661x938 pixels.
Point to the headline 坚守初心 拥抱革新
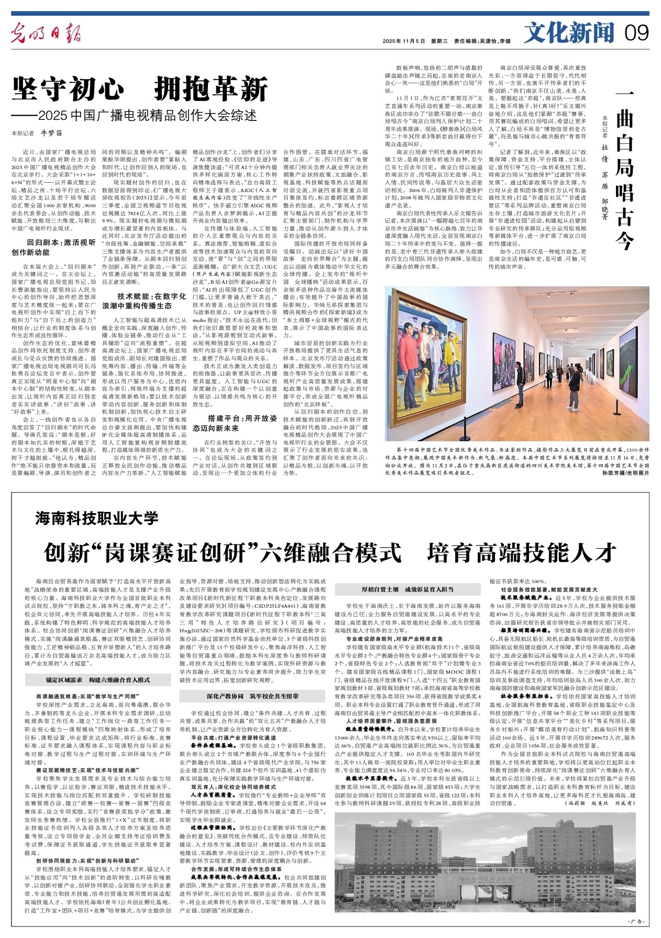[140, 89]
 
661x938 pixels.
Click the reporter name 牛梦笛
[51, 133]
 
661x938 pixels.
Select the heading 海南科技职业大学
[97, 518]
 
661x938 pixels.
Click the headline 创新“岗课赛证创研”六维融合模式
[222, 552]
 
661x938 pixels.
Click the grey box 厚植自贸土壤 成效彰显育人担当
[408, 589]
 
